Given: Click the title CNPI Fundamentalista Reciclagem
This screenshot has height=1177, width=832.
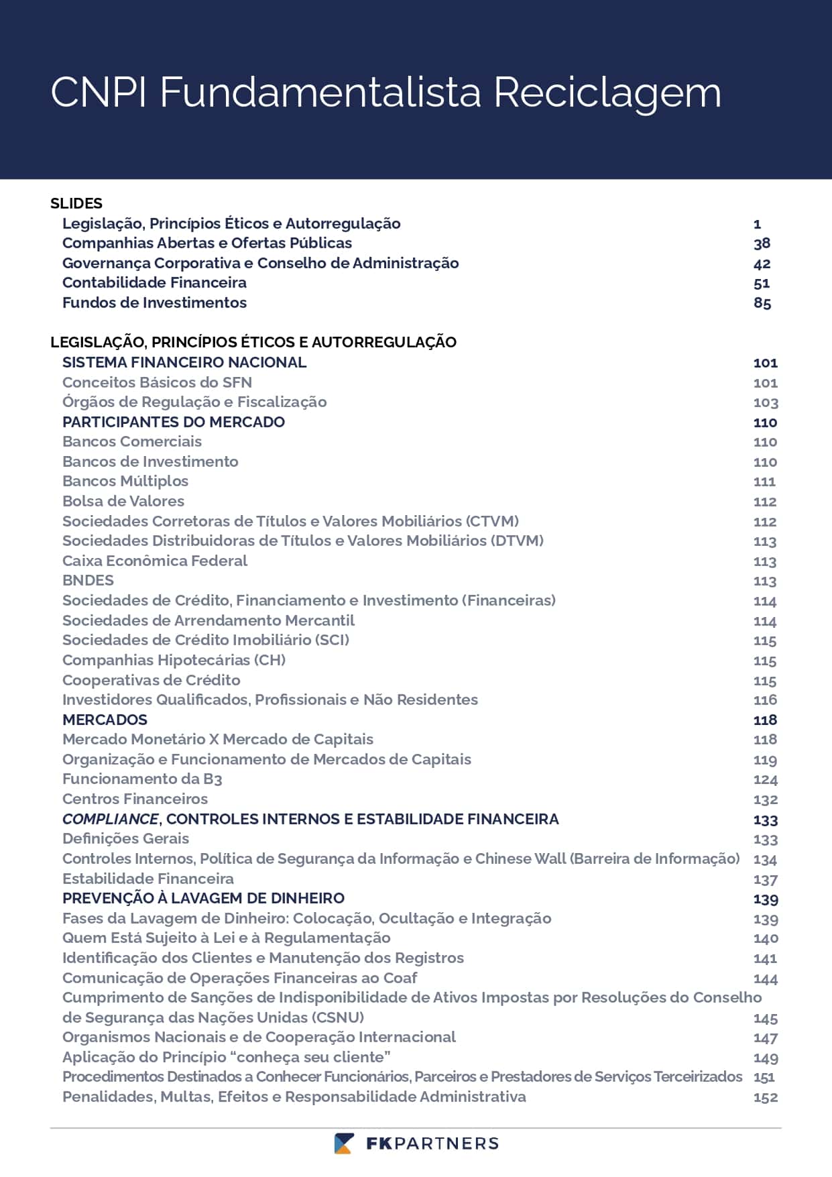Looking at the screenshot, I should tap(385, 92).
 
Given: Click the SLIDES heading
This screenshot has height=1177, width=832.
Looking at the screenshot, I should tap(76, 203).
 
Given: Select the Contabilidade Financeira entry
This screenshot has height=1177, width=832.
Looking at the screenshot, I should tap(154, 282).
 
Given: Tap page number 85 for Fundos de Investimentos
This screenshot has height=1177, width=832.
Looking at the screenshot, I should tap(762, 303).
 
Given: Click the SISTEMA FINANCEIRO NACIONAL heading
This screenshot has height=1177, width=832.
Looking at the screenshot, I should tap(184, 362).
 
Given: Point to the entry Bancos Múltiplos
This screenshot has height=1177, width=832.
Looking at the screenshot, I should tap(125, 481).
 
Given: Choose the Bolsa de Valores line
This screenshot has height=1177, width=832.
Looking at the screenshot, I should tap(123, 501).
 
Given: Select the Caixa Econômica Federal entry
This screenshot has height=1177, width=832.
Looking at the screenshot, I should tap(155, 561).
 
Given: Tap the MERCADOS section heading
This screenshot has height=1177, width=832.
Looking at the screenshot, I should tap(105, 720).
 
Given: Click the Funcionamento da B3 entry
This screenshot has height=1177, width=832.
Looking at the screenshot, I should tap(142, 779).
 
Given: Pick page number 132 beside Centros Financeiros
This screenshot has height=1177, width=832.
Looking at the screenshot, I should tap(765, 799).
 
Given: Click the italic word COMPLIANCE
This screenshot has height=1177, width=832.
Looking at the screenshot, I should tap(111, 819).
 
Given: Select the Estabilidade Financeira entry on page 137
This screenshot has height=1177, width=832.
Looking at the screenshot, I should tap(148, 879).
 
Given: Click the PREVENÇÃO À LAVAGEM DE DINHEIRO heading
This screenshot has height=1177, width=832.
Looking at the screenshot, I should tap(203, 898).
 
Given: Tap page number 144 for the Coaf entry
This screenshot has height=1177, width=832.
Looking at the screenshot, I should tap(765, 978).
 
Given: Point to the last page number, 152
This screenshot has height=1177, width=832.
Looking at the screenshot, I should tap(765, 1098).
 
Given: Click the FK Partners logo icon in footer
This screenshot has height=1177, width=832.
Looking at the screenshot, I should tap(344, 1143).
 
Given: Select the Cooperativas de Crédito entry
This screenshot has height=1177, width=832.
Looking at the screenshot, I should tap(152, 680).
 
